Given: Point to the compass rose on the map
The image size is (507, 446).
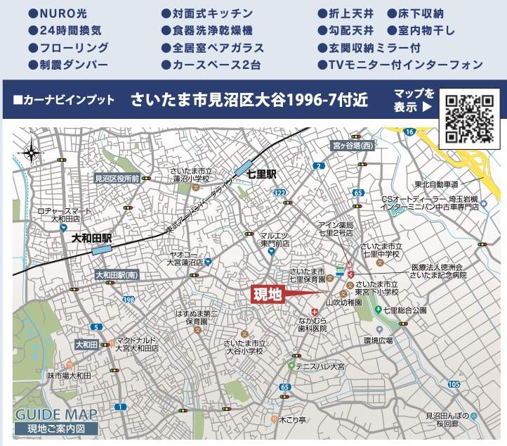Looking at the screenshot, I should tap(32, 151).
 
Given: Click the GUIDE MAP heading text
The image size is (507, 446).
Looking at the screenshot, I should tap(57, 414).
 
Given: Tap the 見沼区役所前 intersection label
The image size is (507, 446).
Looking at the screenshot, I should tap(117, 179).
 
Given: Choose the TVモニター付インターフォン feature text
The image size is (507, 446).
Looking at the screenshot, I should tap(405, 64).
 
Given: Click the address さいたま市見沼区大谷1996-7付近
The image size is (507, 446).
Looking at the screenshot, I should tap(249, 99).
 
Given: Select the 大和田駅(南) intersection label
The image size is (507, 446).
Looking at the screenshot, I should tap(117, 275).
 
